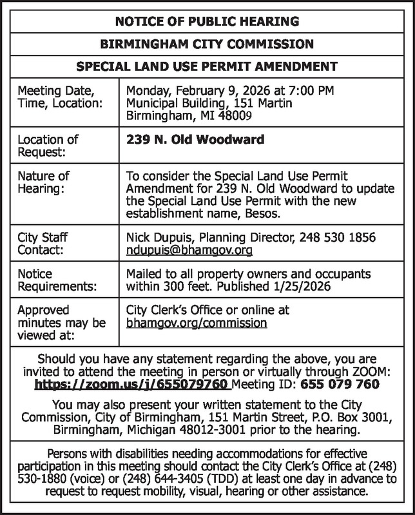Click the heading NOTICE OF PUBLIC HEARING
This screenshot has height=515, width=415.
tap(207, 22)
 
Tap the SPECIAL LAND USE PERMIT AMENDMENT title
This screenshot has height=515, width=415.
tap(207, 66)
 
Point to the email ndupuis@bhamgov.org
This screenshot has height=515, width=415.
tap(189, 249)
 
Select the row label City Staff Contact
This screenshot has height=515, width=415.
tap(43, 243)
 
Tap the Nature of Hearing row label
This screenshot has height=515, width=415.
tap(43, 182)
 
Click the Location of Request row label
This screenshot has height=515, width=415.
tap(48, 145)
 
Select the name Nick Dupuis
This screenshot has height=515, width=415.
tap(155, 237)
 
